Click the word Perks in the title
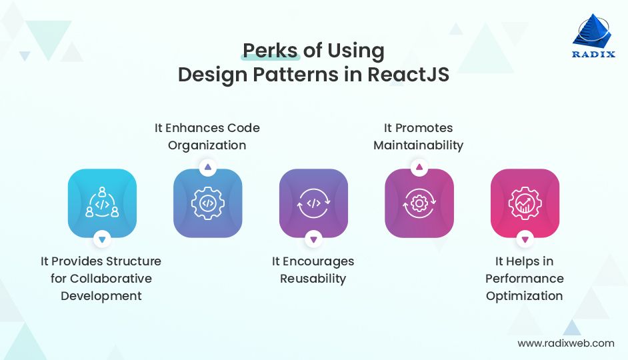point(270,51)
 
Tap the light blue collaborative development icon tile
point(102,203)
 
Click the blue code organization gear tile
point(207,203)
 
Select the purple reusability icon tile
point(313,203)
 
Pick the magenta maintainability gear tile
point(419,203)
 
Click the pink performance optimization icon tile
point(525,203)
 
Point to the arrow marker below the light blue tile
point(102,238)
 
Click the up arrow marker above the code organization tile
point(207,168)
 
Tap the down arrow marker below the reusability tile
point(313,238)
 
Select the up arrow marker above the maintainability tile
point(419,168)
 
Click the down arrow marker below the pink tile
point(525,238)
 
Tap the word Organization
point(207,145)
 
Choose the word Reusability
point(313,279)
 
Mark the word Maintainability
point(418,145)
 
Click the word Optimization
point(524,296)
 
